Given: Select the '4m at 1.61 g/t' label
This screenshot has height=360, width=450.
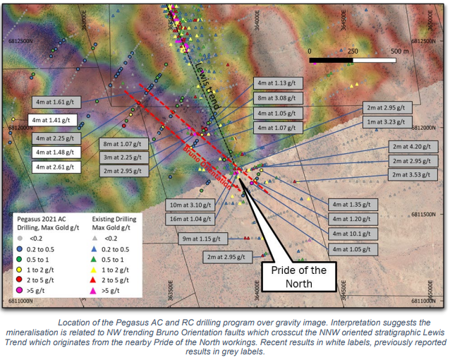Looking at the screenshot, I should click(x=54, y=101).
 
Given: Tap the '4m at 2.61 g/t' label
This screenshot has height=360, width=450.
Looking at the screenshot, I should click(x=55, y=167).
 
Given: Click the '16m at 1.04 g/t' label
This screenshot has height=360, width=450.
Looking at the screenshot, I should click(x=191, y=220).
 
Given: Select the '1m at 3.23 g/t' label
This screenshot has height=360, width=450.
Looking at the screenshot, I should click(x=386, y=121).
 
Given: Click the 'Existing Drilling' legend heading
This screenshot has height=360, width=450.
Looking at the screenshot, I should click(x=116, y=220).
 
